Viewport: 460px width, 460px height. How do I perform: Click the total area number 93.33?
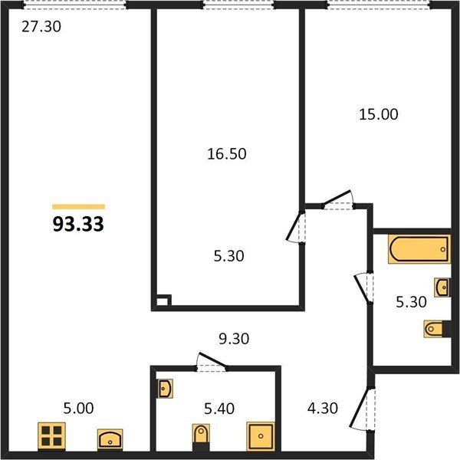tap(78, 225)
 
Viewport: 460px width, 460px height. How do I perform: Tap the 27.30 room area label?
tap(41, 27)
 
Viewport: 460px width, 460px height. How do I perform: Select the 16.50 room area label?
tap(227, 154)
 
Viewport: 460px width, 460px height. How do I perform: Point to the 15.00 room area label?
tap(379, 114)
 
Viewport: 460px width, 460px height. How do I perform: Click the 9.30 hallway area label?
tap(234, 339)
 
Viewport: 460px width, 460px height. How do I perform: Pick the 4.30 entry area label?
tap(323, 408)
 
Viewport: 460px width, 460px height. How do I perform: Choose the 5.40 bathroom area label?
tap(219, 409)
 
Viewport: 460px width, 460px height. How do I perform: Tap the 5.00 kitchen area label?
tap(79, 408)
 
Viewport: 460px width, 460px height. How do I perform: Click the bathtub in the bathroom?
tap(419, 248)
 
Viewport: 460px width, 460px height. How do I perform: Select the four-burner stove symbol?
tap(51, 436)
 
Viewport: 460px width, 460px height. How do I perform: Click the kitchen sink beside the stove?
tap(110, 439)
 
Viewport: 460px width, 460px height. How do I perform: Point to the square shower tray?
tap(261, 436)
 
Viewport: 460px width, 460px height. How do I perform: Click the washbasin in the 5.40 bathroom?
tap(165, 389)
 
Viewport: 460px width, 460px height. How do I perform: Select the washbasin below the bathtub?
tap(442, 287)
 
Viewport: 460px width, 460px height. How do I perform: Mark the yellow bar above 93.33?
tap(79, 206)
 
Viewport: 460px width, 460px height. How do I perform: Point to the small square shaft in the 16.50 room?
tap(163, 301)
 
